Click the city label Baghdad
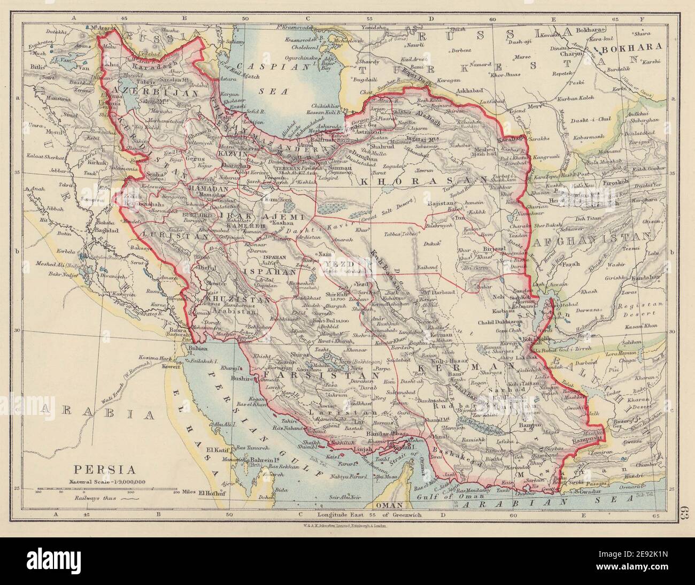[105, 230]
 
